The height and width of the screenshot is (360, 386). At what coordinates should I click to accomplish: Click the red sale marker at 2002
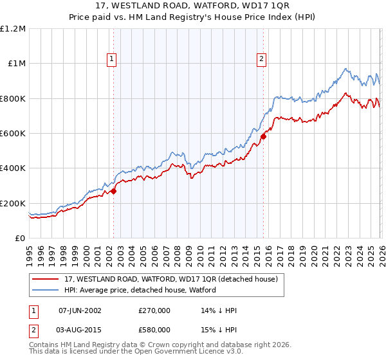coord(114,191)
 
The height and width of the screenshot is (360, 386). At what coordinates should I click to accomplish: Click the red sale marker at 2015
coord(264,136)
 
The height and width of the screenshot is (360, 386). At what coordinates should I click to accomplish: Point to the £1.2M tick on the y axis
coord(13,29)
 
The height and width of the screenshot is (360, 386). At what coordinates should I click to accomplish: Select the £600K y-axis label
coord(13,134)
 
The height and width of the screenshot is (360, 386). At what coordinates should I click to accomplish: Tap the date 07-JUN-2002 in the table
coord(80,310)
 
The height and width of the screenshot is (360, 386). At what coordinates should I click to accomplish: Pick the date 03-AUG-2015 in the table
coord(80,330)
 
